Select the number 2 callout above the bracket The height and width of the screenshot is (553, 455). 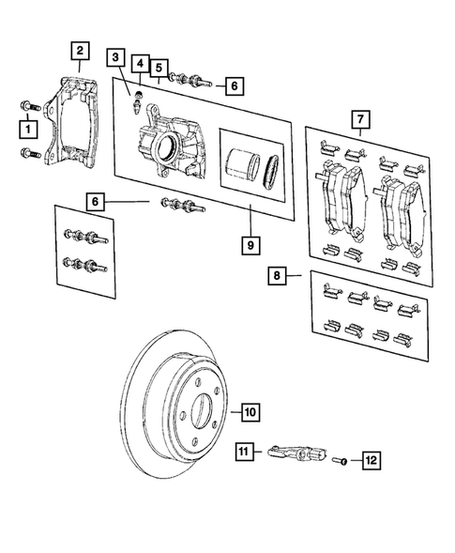82,51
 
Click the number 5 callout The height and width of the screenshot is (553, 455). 160,68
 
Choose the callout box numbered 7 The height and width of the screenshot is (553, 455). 357,120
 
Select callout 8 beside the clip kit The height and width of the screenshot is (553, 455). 277,276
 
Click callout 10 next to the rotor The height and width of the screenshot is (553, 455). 249,410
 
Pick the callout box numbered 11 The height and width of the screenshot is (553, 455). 245,455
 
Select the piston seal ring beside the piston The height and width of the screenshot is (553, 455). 272,167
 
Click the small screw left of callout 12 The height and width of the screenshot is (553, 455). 343,460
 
